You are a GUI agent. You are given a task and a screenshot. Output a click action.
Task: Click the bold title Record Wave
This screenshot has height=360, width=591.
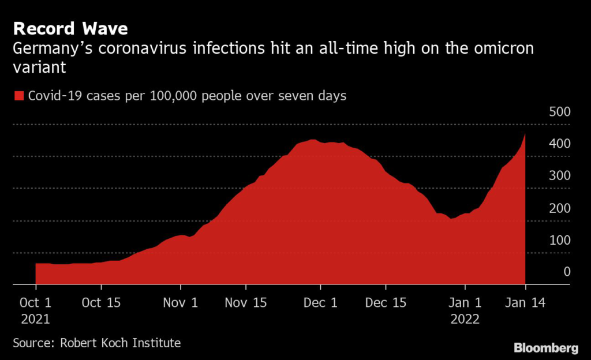[x=70, y=29]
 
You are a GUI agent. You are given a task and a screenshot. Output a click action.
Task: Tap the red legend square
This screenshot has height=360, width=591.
[x=19, y=96]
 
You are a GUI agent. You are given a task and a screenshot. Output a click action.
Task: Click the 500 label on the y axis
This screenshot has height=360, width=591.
[x=560, y=111]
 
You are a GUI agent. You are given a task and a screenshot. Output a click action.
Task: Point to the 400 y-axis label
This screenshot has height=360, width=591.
[x=560, y=144]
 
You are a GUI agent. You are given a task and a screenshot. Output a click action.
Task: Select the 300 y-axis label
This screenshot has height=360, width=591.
[x=560, y=175]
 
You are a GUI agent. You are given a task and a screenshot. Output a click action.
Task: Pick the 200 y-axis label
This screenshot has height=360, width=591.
[x=560, y=208]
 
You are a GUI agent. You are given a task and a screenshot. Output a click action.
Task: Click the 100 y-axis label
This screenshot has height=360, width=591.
[x=560, y=240]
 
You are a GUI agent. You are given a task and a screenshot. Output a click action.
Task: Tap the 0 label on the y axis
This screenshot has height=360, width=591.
[x=567, y=272]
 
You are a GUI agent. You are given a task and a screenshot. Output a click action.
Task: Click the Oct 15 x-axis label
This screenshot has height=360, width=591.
[x=101, y=302]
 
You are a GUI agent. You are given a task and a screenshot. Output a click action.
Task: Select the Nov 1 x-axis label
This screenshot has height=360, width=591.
[x=181, y=302]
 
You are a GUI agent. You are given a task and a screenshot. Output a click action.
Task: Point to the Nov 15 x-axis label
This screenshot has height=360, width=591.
[x=246, y=302]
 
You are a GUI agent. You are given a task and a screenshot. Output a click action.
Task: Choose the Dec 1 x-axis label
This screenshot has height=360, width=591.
[x=320, y=302]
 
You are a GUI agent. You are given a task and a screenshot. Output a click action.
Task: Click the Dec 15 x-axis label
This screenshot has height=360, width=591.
[x=386, y=302]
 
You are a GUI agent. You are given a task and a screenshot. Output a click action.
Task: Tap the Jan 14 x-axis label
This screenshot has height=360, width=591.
[x=525, y=302]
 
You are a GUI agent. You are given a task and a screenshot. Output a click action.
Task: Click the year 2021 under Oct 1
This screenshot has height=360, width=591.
[x=35, y=320]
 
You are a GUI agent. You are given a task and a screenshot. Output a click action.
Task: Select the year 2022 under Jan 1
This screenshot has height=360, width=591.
[x=465, y=320]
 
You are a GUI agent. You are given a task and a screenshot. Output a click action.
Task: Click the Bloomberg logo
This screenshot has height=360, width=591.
[x=546, y=348]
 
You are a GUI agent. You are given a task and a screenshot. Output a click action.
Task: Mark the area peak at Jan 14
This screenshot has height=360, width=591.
[x=525, y=133]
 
